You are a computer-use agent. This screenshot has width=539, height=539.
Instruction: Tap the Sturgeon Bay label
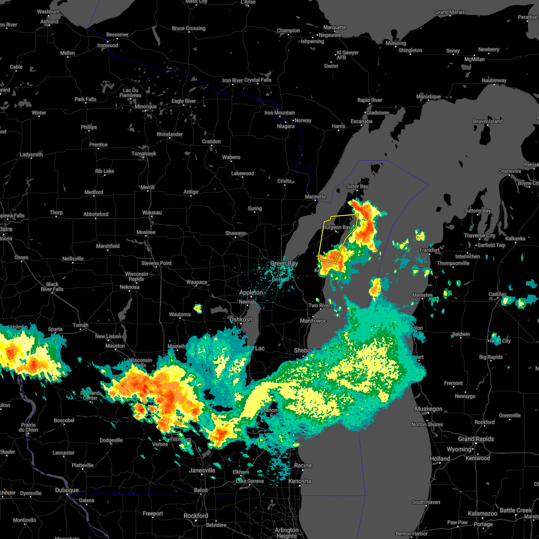coord(336,228)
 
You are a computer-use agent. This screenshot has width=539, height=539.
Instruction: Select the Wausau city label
coord(152,212)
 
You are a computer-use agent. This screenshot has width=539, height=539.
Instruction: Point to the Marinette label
coord(315,197)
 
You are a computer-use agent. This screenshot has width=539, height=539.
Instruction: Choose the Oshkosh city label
coord(241,319)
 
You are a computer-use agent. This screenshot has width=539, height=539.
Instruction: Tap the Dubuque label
coord(66,490)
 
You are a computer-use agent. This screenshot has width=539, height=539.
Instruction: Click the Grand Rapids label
coord(476,439)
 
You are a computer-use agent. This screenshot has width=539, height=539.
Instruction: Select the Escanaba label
coord(362,121)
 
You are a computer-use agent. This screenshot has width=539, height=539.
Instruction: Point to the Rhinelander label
coord(170,135)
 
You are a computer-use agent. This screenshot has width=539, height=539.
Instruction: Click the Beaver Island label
coord(487,121)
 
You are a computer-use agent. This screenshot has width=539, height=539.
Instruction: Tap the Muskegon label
coord(429,409)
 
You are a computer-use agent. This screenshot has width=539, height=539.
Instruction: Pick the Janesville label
coord(202,470)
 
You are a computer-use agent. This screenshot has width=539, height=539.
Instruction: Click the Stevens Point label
coord(156,263)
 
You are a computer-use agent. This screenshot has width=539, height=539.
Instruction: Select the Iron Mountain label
coord(280,113)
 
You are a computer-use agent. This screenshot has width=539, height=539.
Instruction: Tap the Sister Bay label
coord(357,186)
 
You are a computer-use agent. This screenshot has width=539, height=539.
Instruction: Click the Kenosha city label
coord(300,481)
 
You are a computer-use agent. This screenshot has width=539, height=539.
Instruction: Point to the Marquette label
coord(335,28)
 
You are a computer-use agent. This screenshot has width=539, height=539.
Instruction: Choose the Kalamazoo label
coord(482,513)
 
